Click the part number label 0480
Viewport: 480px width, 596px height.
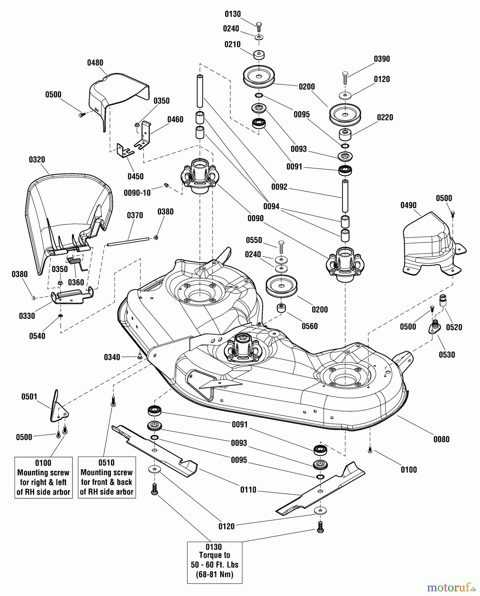pyautogui.click(x=95, y=63)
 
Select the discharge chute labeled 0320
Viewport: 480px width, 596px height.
pyautogui.click(x=66, y=212)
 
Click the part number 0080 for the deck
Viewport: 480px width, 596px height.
pyautogui.click(x=441, y=439)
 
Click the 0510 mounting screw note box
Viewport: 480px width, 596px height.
pyautogui.click(x=107, y=477)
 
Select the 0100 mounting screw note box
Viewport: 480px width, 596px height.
pyautogui.click(x=43, y=477)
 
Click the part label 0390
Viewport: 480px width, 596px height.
pyautogui.click(x=382, y=59)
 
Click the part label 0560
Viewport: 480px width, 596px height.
pyautogui.click(x=309, y=326)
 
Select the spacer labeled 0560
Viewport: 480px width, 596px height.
pyautogui.click(x=281, y=308)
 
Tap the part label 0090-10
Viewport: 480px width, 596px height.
pyautogui.click(x=137, y=193)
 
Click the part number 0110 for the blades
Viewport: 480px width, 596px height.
pyautogui.click(x=248, y=490)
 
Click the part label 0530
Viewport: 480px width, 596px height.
pyautogui.click(x=447, y=355)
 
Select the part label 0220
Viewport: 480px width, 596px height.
pyautogui.click(x=385, y=118)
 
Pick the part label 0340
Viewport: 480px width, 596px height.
pyautogui.click(x=112, y=357)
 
